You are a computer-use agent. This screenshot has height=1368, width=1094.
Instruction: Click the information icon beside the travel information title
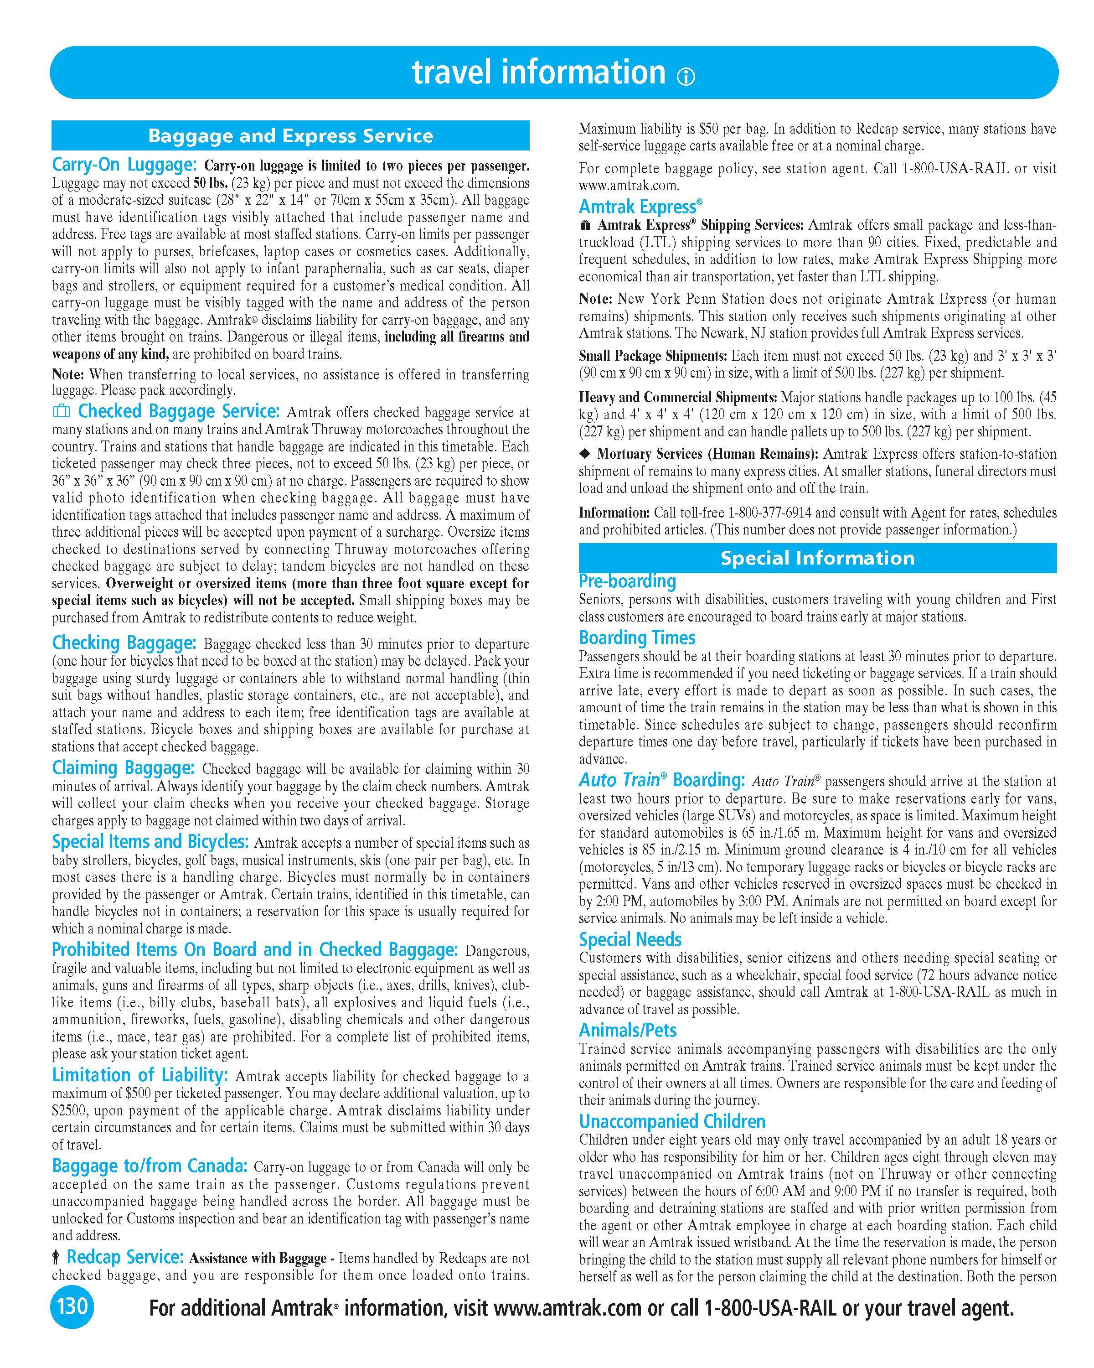point(686,77)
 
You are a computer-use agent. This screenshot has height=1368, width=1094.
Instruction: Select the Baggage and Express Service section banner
point(290,136)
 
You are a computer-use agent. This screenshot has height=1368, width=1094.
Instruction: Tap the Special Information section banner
point(817,558)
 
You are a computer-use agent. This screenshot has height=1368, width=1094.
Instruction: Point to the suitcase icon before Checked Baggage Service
point(62,412)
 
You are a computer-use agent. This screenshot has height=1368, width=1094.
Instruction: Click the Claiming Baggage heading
point(123,768)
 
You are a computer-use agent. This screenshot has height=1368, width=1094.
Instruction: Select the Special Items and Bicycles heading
point(150,841)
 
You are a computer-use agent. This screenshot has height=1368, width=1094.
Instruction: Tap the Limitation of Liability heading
point(139,1075)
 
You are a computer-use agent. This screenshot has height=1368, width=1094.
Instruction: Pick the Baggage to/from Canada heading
point(150,1166)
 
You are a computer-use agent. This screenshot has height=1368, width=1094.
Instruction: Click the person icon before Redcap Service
point(57,1256)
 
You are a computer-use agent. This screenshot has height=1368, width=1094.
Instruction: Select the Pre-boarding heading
point(627,581)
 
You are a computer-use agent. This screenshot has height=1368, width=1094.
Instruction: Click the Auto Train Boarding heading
point(661,779)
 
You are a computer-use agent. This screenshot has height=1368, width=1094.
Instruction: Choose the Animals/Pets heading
point(627,1030)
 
